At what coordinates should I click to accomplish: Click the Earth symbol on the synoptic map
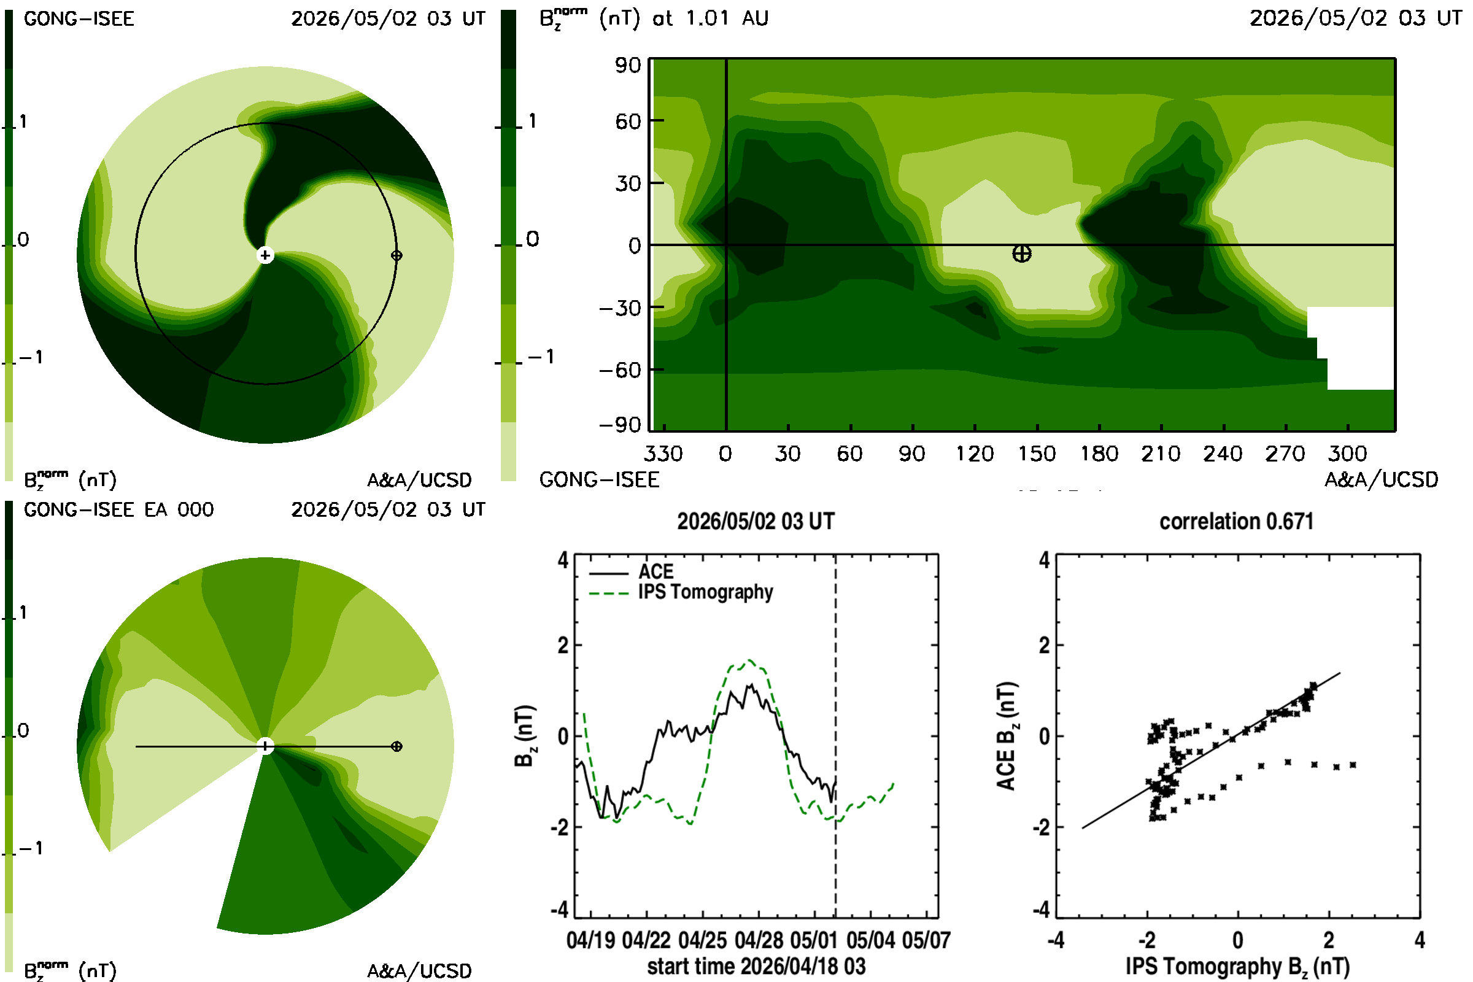(1022, 253)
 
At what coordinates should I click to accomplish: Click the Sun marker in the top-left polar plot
(266, 255)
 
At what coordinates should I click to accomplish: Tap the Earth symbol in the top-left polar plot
(396, 255)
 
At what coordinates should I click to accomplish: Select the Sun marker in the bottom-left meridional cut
(266, 746)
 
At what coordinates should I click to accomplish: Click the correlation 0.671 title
(1236, 522)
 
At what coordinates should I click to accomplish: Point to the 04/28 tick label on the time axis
(759, 940)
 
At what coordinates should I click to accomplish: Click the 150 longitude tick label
(1037, 454)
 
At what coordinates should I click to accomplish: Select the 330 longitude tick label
(663, 454)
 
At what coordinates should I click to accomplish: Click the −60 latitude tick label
(620, 370)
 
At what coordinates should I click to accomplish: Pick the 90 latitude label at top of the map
(627, 65)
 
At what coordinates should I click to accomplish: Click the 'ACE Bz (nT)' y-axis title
(1006, 736)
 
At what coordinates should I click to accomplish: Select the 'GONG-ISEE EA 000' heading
(119, 510)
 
